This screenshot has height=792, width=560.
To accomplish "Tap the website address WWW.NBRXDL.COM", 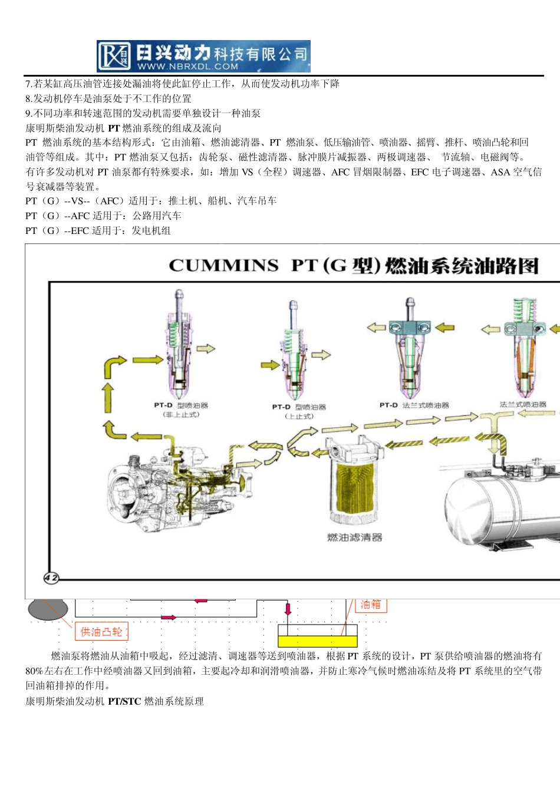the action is tap(187, 67).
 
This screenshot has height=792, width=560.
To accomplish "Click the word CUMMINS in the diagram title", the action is tap(223, 266).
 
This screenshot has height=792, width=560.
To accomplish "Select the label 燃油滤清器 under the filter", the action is tap(354, 537).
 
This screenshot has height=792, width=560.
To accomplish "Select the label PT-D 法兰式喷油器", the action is tap(414, 405).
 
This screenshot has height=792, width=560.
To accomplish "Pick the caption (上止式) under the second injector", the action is tap(299, 417).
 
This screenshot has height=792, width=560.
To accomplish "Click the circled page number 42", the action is tap(51, 578).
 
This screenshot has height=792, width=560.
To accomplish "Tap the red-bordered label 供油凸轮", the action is tap(101, 632).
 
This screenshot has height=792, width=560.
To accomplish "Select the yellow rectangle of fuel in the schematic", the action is tap(317, 642).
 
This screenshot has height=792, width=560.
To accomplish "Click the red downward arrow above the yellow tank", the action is tap(288, 609).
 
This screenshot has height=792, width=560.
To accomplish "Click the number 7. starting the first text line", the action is tap(29, 84).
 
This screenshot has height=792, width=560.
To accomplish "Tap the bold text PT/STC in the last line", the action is tap(124, 702).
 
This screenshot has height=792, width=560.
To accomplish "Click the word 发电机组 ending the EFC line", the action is tap(151, 231).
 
